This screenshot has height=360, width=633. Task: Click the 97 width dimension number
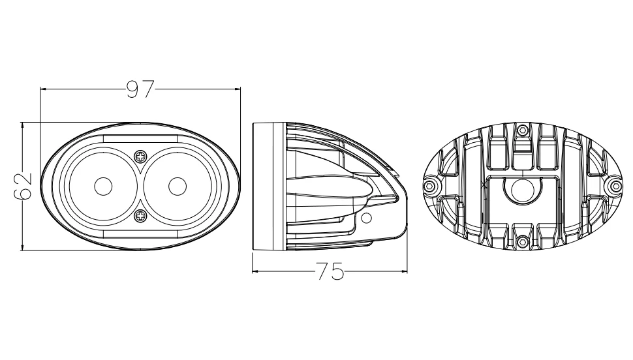(140, 89)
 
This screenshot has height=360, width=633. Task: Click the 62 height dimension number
(23, 186)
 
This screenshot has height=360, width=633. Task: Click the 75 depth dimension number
(330, 271)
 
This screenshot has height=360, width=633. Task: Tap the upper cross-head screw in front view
(140, 156)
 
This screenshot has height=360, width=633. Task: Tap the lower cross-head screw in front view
(140, 216)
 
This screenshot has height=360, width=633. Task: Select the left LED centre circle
(103, 186)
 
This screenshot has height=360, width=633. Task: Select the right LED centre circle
(178, 186)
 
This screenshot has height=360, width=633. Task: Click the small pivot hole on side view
(366, 218)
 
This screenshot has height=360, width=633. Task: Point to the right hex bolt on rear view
(615, 186)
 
